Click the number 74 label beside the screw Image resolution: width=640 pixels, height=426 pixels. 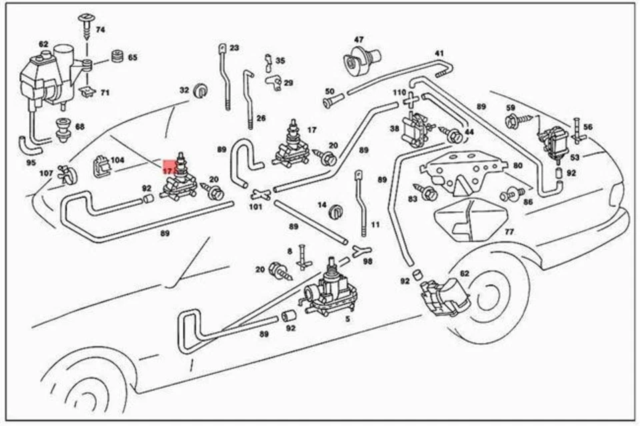101,30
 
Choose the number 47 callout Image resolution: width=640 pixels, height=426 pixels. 359,40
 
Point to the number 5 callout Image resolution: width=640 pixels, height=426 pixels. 346,319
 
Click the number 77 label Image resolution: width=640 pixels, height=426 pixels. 509,233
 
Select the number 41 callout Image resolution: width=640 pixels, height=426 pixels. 439,53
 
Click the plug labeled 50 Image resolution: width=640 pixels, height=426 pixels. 331,102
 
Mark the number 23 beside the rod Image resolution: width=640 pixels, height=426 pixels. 233,48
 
